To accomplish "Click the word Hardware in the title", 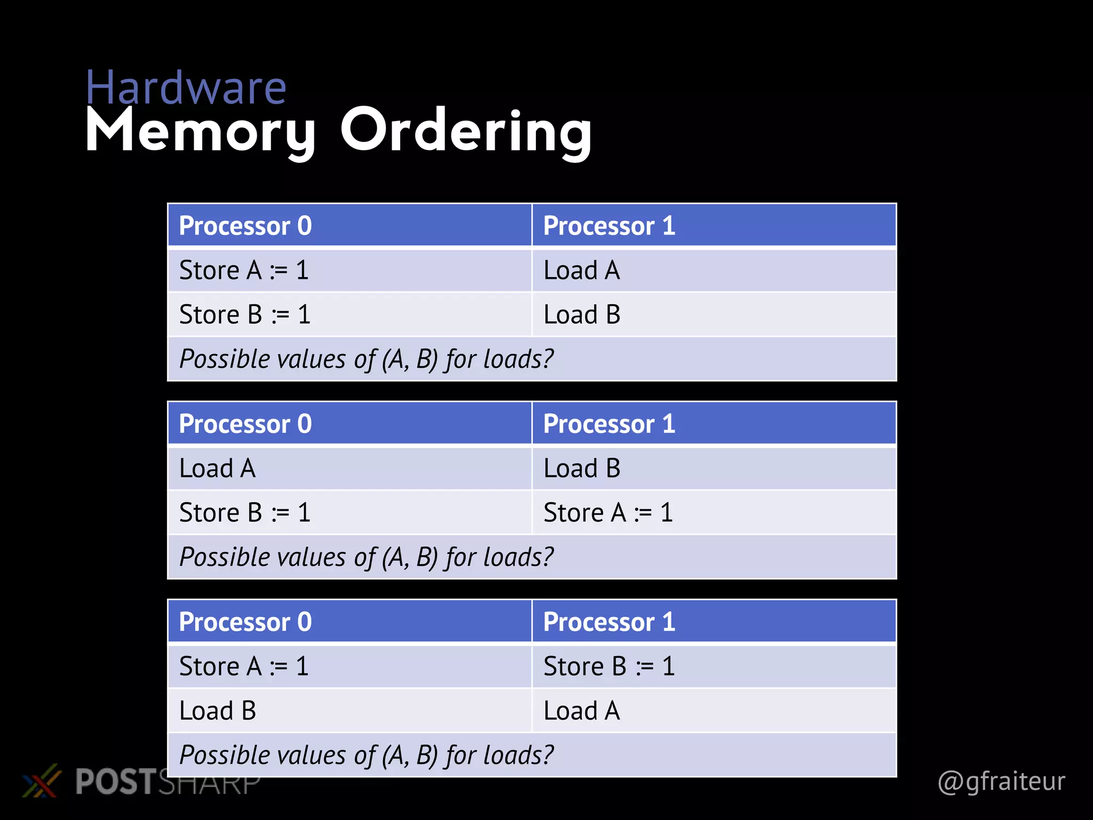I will (x=186, y=88).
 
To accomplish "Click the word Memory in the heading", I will (x=201, y=131).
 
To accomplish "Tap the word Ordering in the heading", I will (x=466, y=131).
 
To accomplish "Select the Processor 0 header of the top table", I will (x=245, y=226).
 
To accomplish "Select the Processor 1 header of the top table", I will (x=609, y=226).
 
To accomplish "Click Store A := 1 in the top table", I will (x=244, y=270).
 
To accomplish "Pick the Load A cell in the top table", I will (x=582, y=270).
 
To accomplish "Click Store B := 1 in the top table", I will (x=244, y=314).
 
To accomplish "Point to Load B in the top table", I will (x=582, y=314).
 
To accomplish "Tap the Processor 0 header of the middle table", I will (x=245, y=424).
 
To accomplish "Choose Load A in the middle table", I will (x=217, y=468).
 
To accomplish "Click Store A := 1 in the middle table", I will (x=608, y=512).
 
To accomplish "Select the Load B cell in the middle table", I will (x=582, y=468).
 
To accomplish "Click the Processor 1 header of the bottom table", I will (x=609, y=622).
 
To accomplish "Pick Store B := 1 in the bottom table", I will (x=609, y=666).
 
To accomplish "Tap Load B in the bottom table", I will (x=217, y=711).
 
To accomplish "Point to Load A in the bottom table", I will (x=582, y=711).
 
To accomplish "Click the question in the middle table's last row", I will (x=366, y=557).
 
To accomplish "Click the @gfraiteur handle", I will (x=1001, y=782).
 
